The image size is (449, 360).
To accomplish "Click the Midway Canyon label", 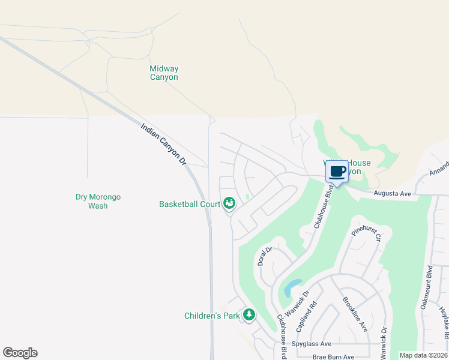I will [164, 73].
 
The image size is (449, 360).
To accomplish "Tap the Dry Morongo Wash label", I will [98, 201].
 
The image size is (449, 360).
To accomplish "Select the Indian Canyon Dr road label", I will [164, 146].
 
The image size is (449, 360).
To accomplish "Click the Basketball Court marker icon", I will [229, 204].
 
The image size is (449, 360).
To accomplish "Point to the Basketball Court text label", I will [190, 204].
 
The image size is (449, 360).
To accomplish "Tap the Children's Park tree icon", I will [249, 315].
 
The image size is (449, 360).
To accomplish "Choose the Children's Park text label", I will [212, 316].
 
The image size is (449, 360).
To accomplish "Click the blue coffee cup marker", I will [337, 173].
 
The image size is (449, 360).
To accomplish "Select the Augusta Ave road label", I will [391, 194].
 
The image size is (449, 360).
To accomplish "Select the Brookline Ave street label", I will [354, 314].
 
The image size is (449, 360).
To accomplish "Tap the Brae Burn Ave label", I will [334, 356].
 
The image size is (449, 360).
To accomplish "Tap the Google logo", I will [20, 353].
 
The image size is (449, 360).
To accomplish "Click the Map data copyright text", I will [423, 355].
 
